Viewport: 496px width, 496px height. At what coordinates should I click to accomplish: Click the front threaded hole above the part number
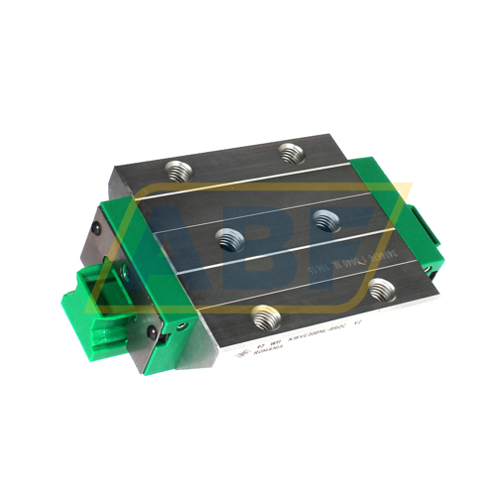tap(265, 317)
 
